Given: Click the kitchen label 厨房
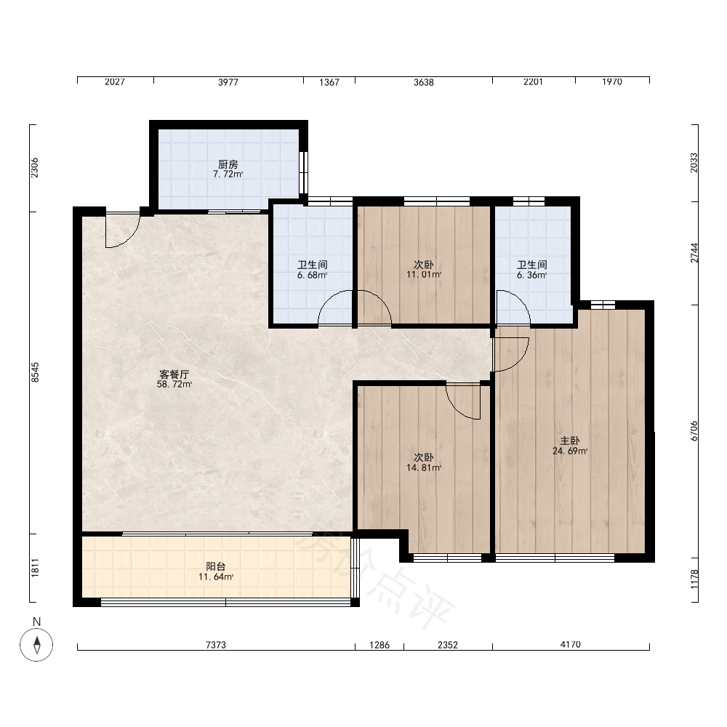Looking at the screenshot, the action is click(x=228, y=164).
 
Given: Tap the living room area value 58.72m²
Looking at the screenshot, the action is click(x=174, y=385).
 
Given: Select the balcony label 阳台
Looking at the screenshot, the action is click(x=216, y=566).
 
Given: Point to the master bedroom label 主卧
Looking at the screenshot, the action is click(x=570, y=441).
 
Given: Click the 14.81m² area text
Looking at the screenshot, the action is click(x=424, y=467).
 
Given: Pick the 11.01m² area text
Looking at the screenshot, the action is click(x=424, y=275).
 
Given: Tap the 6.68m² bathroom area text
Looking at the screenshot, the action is click(x=313, y=275).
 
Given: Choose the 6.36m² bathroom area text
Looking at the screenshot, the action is click(x=532, y=275).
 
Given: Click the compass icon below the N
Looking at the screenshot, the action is click(x=36, y=644).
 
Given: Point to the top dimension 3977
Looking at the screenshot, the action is click(x=228, y=82).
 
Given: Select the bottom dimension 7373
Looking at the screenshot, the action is click(x=216, y=644).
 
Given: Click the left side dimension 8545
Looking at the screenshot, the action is click(x=35, y=372).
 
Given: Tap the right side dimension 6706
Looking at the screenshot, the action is click(x=694, y=430).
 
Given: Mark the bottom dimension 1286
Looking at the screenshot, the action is click(x=379, y=644).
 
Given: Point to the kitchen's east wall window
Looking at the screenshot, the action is click(x=303, y=172).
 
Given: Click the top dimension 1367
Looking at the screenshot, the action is click(x=329, y=82).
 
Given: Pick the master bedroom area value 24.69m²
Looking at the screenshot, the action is click(x=570, y=451).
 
